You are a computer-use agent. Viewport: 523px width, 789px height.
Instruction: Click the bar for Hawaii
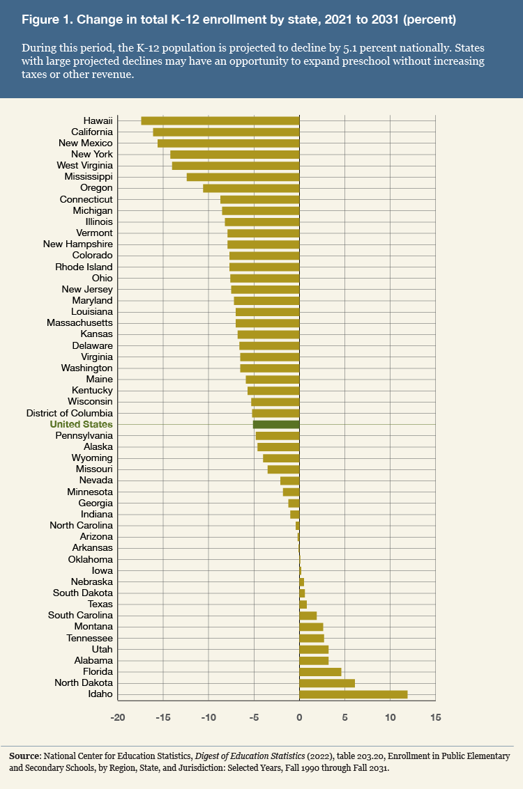[220, 120]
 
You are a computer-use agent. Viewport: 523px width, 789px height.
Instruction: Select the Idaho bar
[353, 694]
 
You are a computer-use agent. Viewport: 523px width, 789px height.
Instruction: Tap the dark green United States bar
[276, 424]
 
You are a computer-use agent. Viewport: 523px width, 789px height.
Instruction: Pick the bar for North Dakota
[327, 683]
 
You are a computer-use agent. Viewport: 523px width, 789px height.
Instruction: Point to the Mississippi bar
[243, 177]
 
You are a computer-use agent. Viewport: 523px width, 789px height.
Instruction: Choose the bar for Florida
[320, 672]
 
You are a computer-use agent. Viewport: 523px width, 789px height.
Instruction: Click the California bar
[226, 132]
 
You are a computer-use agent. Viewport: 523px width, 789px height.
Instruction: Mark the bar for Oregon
[251, 188]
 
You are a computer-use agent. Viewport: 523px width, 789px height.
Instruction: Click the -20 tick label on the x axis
[118, 717]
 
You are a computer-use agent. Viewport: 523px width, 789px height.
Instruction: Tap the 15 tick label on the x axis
[435, 717]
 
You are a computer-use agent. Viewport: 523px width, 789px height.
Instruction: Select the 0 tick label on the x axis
[299, 717]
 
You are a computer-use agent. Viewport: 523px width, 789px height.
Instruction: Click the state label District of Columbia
[69, 413]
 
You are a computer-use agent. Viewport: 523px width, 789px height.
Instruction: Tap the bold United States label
[81, 424]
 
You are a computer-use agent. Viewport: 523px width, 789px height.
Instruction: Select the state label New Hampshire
[77, 244]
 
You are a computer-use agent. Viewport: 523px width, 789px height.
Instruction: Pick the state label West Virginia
[84, 166]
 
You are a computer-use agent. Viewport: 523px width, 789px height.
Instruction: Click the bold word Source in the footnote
[26, 756]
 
